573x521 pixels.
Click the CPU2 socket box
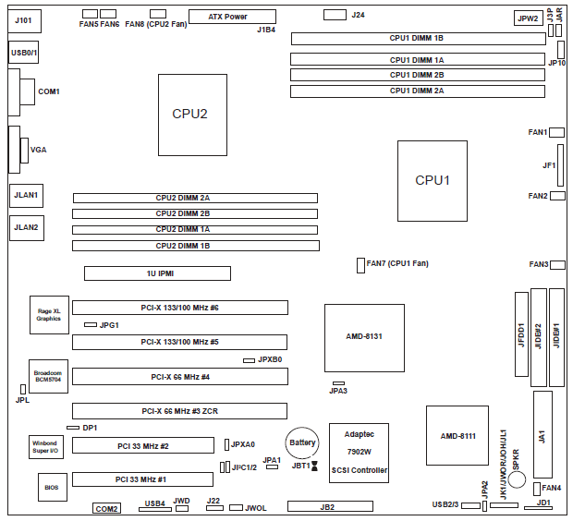[191, 115]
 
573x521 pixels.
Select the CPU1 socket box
[432, 180]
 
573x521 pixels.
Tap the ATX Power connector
[232, 17]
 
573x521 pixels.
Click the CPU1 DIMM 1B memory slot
[417, 39]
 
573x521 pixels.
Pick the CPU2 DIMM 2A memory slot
[195, 198]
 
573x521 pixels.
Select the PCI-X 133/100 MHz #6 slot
[179, 308]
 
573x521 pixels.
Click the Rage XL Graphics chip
[47, 315]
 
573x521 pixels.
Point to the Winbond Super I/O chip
[43, 448]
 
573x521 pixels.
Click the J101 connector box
[24, 19]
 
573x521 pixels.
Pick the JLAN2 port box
[26, 227]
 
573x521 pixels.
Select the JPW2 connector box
[528, 18]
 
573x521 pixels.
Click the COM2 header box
[107, 509]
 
